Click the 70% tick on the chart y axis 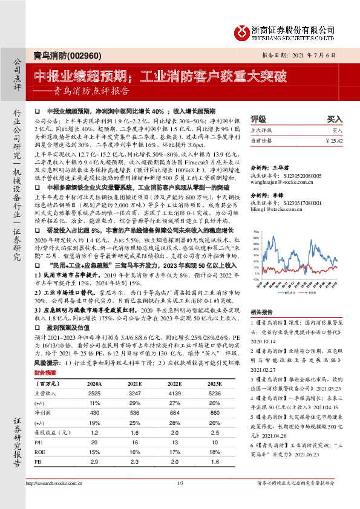pyautogui.click(x=256, y=232)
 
